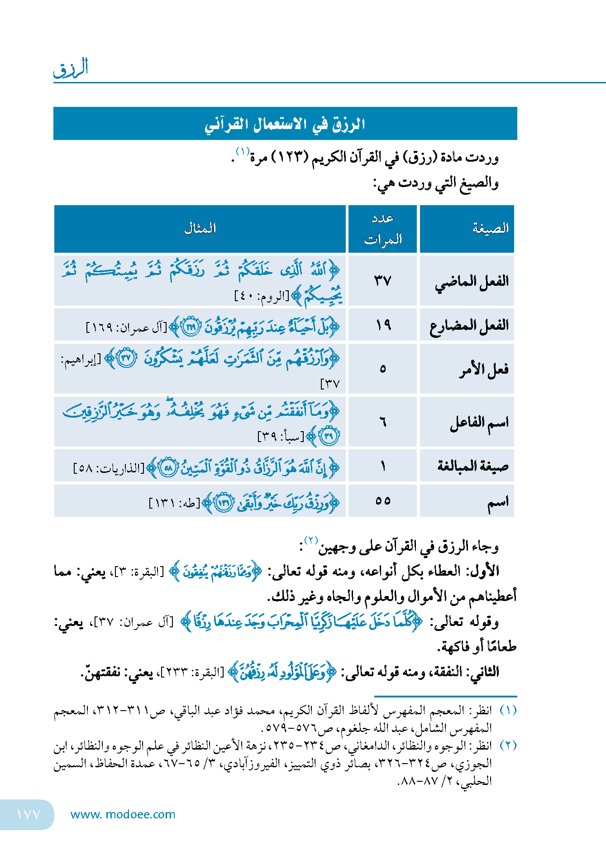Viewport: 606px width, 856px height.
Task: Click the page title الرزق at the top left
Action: [x=71, y=68]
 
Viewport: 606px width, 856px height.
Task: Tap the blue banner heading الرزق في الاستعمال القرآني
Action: [x=285, y=124]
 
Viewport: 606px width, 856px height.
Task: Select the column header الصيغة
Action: [x=491, y=228]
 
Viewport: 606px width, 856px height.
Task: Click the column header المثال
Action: [x=200, y=228]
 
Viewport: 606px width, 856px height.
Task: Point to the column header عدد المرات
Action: [x=383, y=229]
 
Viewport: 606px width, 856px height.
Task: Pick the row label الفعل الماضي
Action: [x=472, y=281]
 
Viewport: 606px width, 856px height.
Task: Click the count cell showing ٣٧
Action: [x=382, y=281]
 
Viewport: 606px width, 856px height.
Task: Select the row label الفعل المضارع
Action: [x=469, y=325]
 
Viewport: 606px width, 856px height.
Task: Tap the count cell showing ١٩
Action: [x=383, y=325]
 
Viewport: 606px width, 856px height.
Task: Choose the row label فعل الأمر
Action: [x=484, y=369]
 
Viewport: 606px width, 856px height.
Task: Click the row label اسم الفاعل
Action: [x=479, y=423]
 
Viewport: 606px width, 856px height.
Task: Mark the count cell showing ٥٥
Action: [x=383, y=501]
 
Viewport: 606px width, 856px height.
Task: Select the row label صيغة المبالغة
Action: [x=473, y=466]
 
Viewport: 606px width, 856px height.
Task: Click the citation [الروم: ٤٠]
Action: [x=262, y=296]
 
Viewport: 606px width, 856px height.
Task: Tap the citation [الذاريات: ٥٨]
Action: [x=109, y=468]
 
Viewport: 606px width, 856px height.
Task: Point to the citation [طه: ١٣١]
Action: [x=174, y=503]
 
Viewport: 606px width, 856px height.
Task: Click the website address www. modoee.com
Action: [x=123, y=814]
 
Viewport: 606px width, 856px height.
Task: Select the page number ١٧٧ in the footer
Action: [x=28, y=814]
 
